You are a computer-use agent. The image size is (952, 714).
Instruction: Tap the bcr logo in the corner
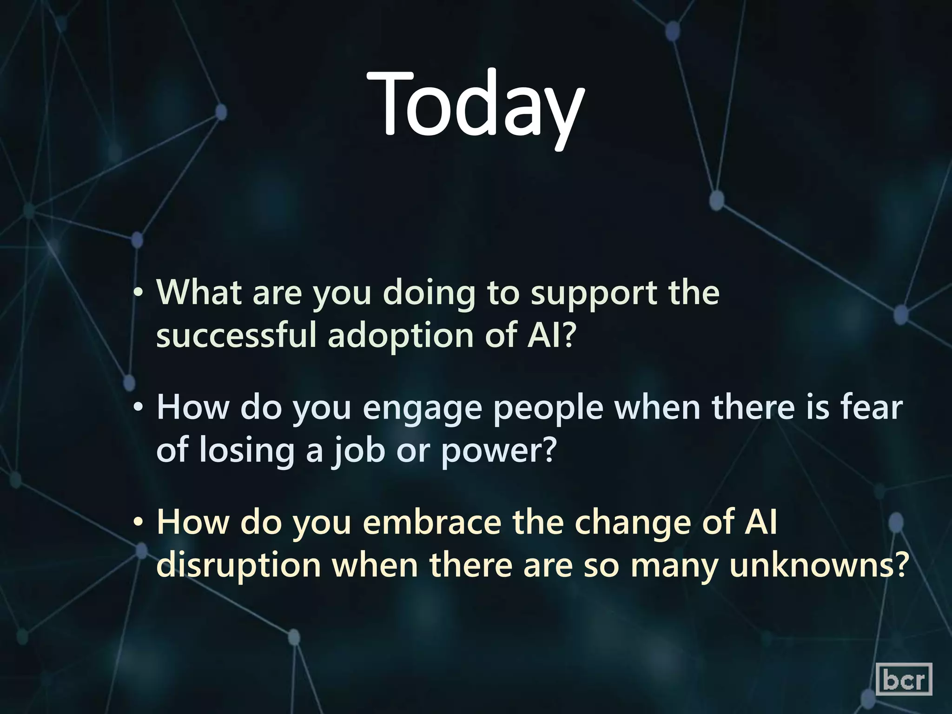click(x=904, y=679)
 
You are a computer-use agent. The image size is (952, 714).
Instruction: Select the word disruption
click(x=238, y=565)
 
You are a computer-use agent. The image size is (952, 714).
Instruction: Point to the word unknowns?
click(x=819, y=565)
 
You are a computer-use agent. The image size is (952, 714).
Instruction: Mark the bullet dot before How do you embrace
click(x=138, y=523)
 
